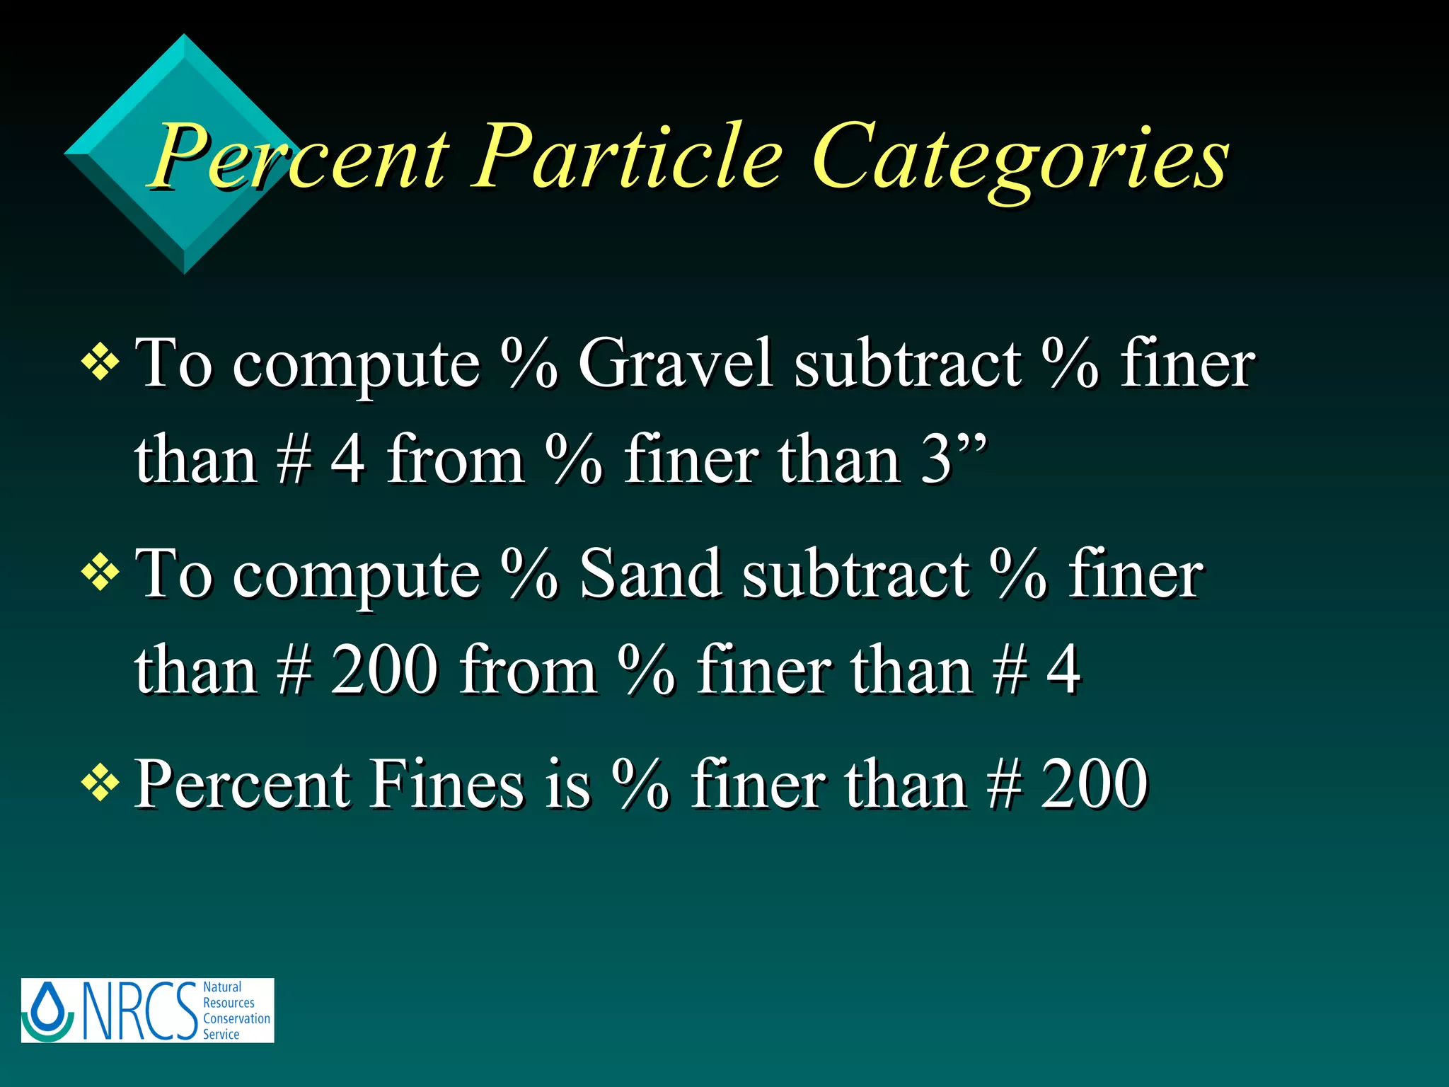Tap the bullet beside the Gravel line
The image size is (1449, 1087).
click(x=100, y=363)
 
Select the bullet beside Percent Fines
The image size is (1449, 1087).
click(x=100, y=783)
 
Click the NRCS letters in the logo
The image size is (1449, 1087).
click(x=140, y=1011)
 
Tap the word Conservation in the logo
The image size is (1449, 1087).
click(x=236, y=1018)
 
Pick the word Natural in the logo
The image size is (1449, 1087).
click(x=222, y=987)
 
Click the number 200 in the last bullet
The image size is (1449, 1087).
click(x=1094, y=783)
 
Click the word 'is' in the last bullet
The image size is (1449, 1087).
click(x=567, y=784)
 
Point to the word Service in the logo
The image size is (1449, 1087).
click(x=221, y=1034)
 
